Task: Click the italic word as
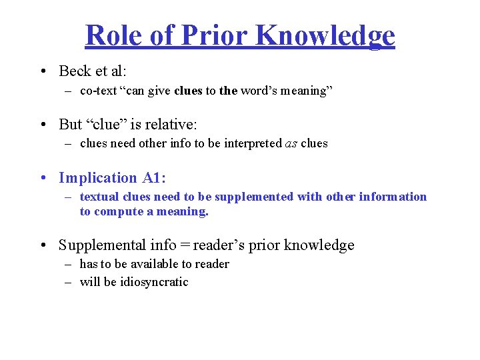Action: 290,143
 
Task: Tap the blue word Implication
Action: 97,178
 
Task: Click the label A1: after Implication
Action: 153,178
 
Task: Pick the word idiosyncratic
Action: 154,282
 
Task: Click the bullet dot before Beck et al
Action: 43,71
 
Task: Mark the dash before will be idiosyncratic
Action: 68,282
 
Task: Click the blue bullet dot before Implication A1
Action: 43,178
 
